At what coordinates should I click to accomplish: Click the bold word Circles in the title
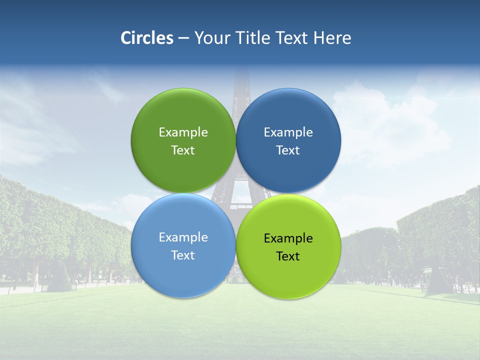tap(146, 38)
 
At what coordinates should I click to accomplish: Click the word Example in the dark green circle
tap(183, 132)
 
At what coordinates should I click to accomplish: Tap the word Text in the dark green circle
tap(183, 150)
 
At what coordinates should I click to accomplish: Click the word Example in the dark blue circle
tap(288, 132)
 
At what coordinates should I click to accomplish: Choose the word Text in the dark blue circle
tap(288, 150)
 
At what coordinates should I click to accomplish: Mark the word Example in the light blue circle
tap(183, 237)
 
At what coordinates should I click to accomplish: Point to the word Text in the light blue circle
tap(183, 255)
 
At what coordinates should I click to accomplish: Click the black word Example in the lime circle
tap(288, 238)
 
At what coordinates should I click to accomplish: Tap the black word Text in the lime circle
tap(288, 256)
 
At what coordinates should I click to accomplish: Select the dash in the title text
tap(183, 38)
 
